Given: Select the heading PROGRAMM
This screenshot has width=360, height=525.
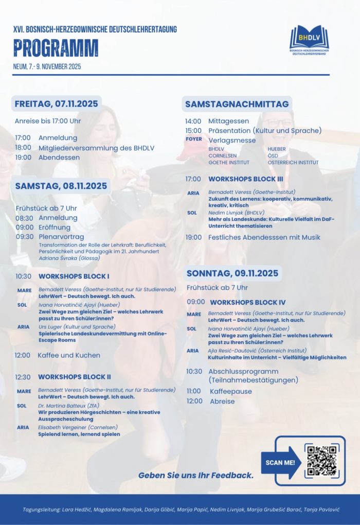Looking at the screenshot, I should (x=56, y=48).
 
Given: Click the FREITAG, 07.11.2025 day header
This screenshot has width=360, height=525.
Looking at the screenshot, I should (x=56, y=103).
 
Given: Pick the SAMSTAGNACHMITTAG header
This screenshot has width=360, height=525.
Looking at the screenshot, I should (x=237, y=104).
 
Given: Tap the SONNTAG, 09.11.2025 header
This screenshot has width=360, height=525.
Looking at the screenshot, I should (x=232, y=273).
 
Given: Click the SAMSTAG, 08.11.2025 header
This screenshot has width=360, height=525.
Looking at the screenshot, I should (x=61, y=186).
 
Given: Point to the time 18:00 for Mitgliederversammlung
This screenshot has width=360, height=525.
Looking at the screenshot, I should (x=23, y=148).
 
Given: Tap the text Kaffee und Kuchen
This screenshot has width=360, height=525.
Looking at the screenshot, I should (x=69, y=355).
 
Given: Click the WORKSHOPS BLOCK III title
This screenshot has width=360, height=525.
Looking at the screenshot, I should (x=246, y=179).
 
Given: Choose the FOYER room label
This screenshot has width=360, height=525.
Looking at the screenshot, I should (x=194, y=139).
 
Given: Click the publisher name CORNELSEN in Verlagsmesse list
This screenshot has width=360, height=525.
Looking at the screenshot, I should (x=223, y=155).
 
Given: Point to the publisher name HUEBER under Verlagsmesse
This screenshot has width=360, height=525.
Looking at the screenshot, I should (x=276, y=149).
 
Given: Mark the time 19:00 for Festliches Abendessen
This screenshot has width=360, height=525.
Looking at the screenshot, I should (x=193, y=237).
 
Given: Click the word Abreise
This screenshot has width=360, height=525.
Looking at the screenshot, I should (x=222, y=401).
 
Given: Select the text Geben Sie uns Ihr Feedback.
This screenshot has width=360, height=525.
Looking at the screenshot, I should (x=196, y=475).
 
